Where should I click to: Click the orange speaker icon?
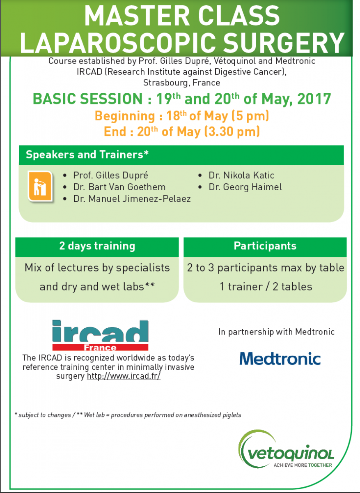[40, 187]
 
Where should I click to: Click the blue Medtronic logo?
[280, 358]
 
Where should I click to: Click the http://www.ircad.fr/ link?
[124, 376]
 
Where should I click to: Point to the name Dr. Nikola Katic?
[242, 175]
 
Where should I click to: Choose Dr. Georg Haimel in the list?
[245, 187]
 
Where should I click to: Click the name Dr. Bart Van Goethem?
[119, 187]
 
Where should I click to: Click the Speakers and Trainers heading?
[87, 155]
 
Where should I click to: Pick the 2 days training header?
[97, 246]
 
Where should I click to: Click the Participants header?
[265, 246]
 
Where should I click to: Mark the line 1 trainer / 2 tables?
[266, 286]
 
